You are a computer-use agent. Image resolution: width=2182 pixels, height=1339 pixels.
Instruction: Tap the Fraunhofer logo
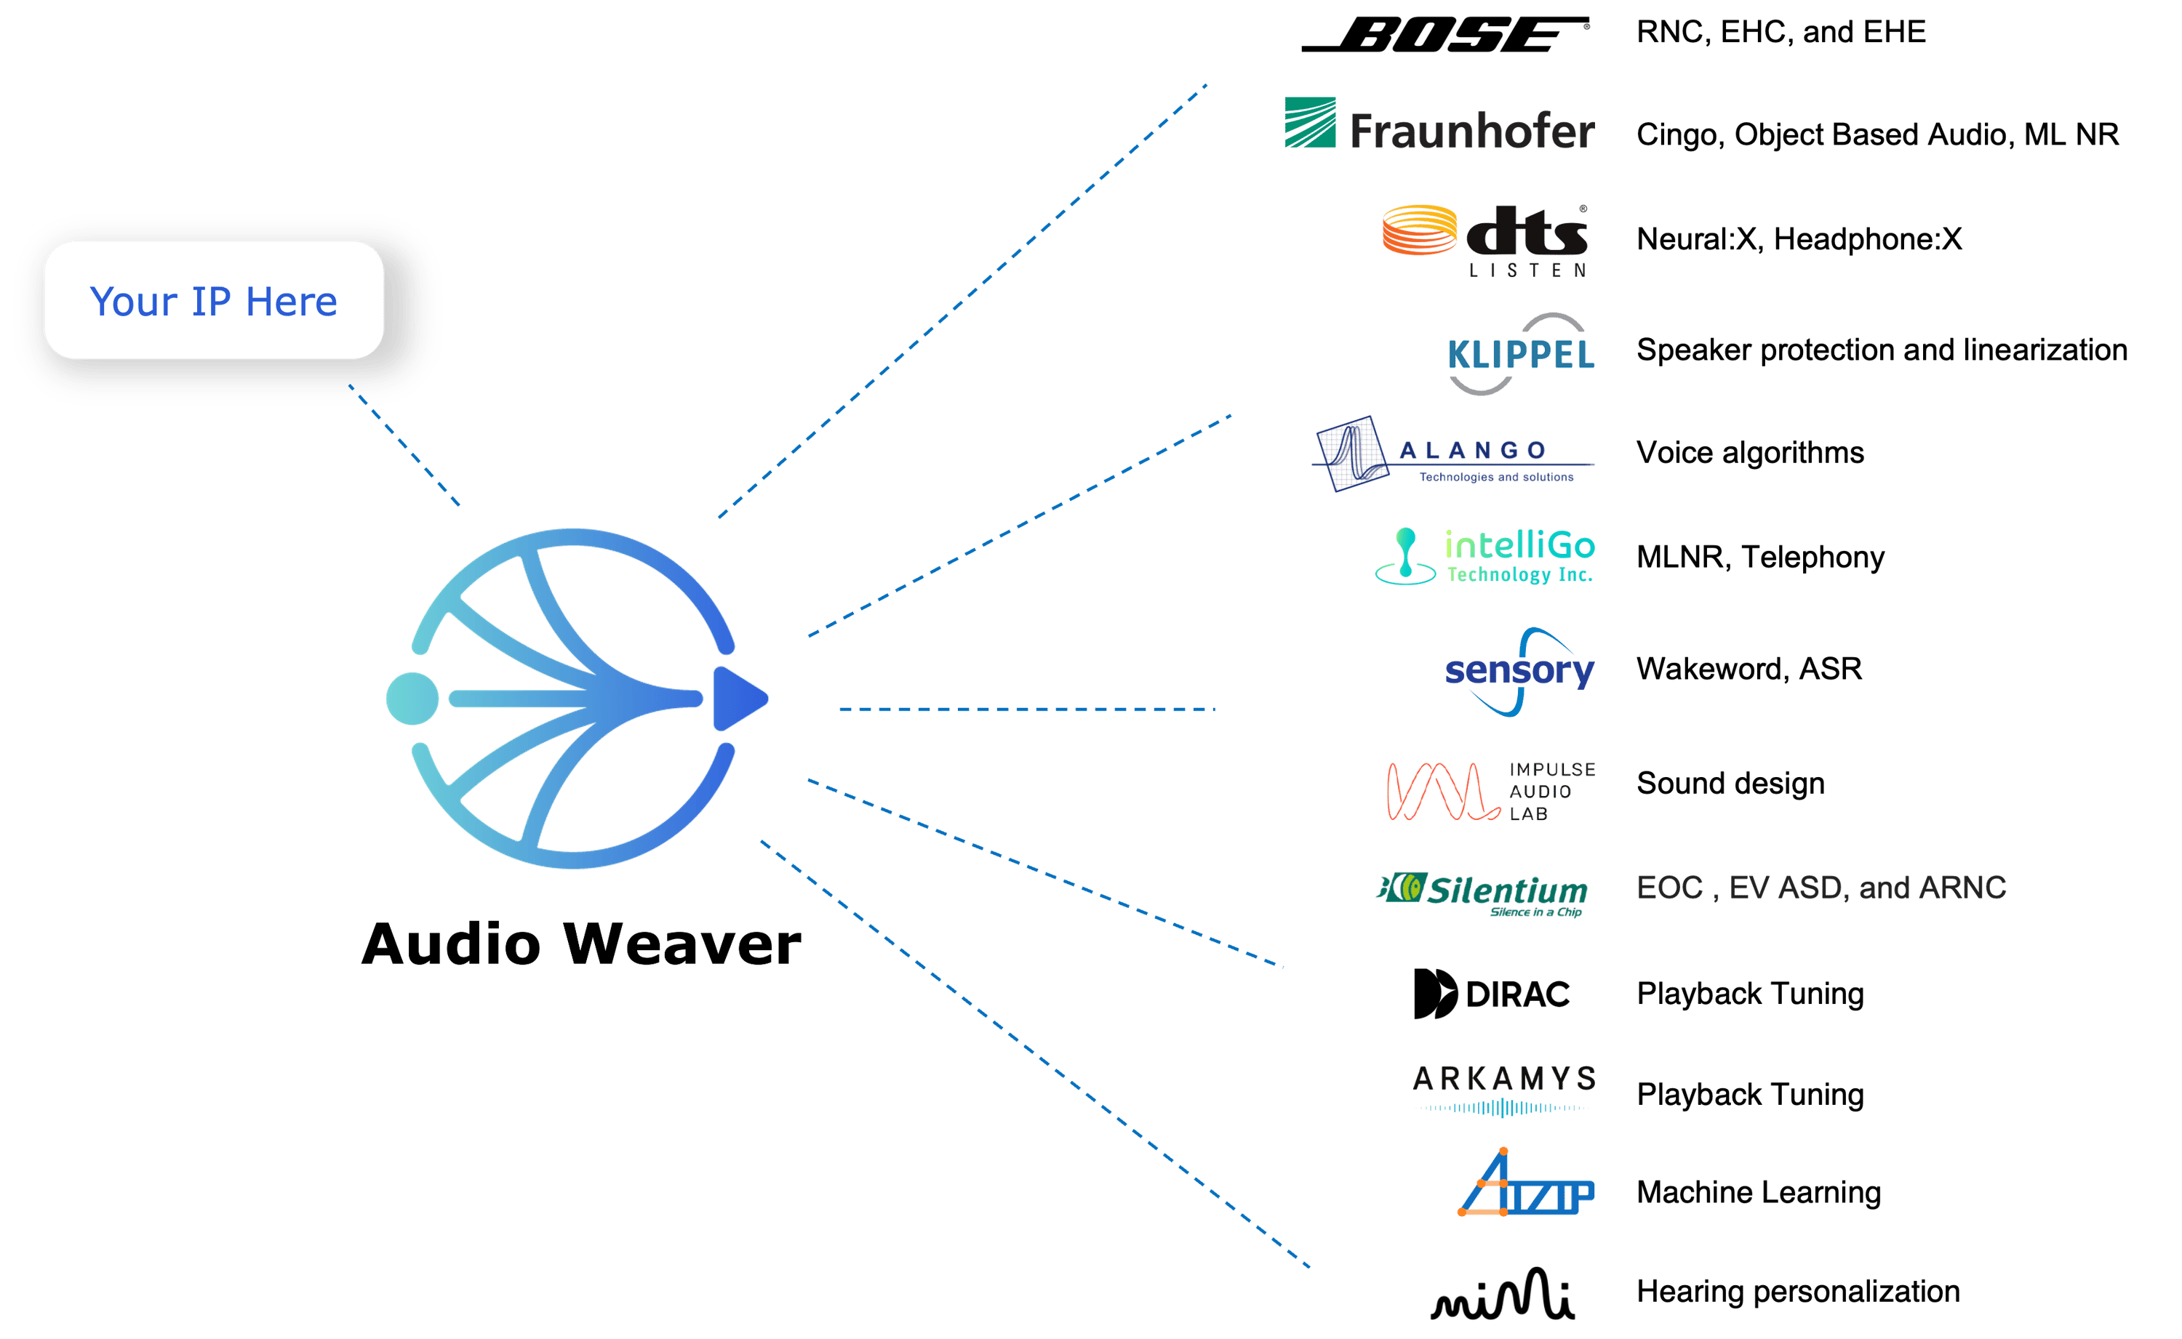[1439, 126]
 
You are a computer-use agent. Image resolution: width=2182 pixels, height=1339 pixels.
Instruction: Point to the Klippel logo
[1520, 354]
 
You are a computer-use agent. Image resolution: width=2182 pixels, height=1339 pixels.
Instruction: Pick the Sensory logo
[1519, 671]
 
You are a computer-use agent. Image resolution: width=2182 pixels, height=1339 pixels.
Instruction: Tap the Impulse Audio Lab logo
[1490, 790]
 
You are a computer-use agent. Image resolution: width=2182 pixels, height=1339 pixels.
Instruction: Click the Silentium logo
[1482, 893]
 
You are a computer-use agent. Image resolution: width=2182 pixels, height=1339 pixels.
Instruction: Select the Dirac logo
[1492, 994]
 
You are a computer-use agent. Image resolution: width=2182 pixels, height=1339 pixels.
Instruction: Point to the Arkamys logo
[1503, 1089]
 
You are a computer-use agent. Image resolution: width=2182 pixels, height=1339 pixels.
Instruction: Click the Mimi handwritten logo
[1503, 1295]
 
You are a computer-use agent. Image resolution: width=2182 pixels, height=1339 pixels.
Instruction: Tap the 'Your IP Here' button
[214, 300]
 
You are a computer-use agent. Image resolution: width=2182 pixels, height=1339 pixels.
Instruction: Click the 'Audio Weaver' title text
[581, 944]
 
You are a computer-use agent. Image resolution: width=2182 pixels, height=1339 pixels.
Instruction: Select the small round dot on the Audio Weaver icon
[412, 699]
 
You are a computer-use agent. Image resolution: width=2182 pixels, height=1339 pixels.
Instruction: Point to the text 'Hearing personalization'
[1797, 1291]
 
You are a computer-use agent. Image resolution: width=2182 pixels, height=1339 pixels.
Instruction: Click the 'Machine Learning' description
[1759, 1192]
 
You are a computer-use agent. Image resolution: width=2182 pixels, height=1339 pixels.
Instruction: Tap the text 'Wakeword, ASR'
[1749, 669]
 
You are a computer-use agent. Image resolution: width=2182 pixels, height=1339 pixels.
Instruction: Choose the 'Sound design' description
[1730, 783]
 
